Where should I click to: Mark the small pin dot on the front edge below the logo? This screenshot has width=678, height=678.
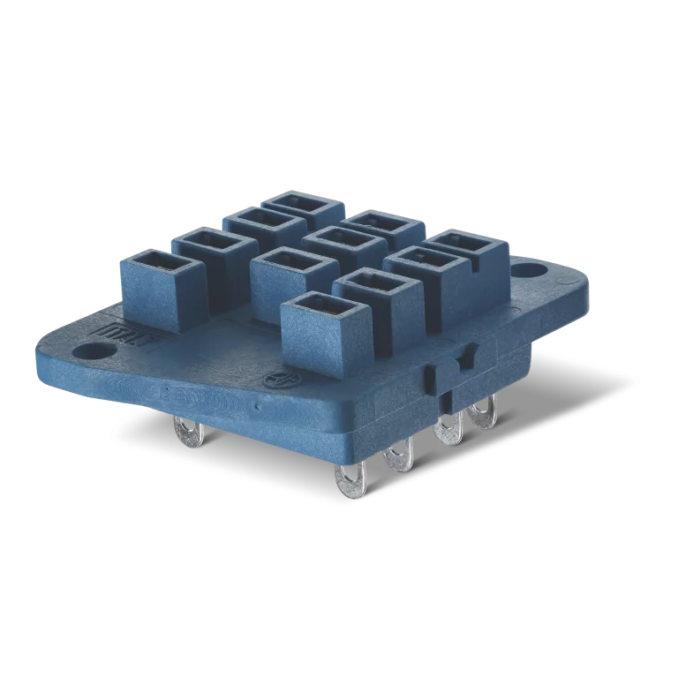(x=255, y=409)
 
